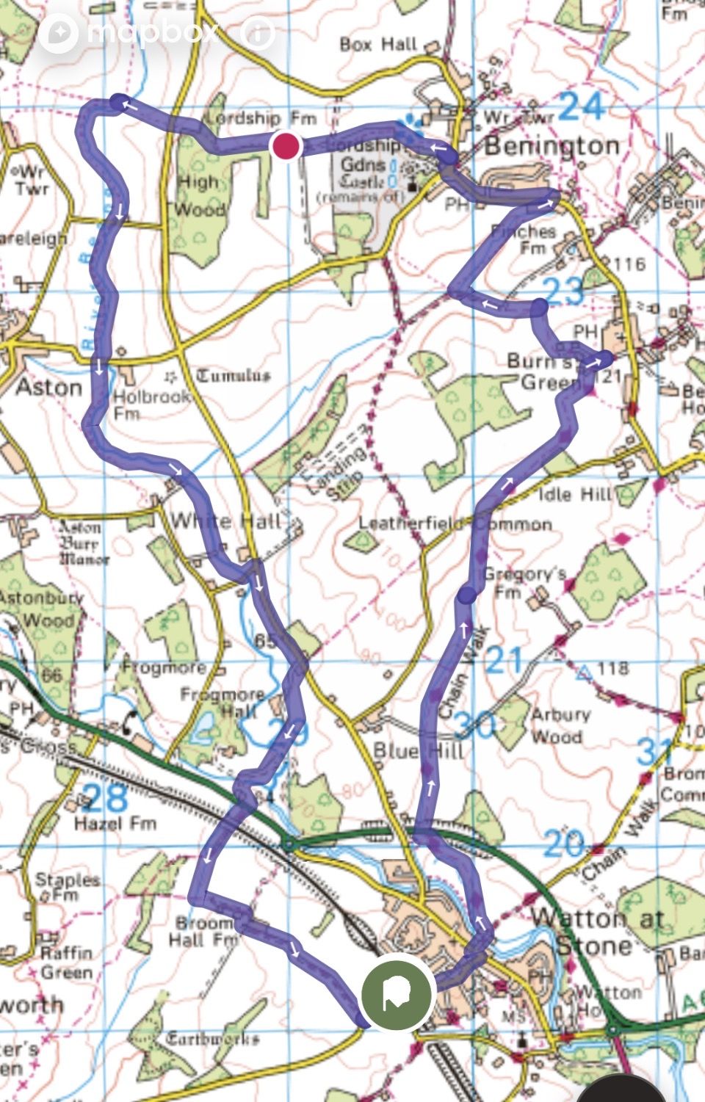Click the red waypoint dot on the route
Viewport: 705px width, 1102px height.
(x=286, y=146)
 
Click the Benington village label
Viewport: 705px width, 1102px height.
(x=552, y=146)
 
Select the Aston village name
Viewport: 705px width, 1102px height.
(x=48, y=387)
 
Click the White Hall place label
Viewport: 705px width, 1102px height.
(x=225, y=521)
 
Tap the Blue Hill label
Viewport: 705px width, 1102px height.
(x=419, y=750)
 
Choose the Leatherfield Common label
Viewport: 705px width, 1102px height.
(x=455, y=523)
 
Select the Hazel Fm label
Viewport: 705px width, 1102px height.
(x=115, y=823)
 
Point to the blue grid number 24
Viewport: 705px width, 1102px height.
(x=581, y=107)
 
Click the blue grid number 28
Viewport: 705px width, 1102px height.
(x=105, y=797)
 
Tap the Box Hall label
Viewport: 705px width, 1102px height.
(x=378, y=45)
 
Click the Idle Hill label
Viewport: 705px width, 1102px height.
(x=575, y=494)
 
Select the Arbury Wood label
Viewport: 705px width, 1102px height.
(x=560, y=725)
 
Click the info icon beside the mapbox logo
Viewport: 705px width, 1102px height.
(x=258, y=32)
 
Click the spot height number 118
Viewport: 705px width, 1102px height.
(x=612, y=668)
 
